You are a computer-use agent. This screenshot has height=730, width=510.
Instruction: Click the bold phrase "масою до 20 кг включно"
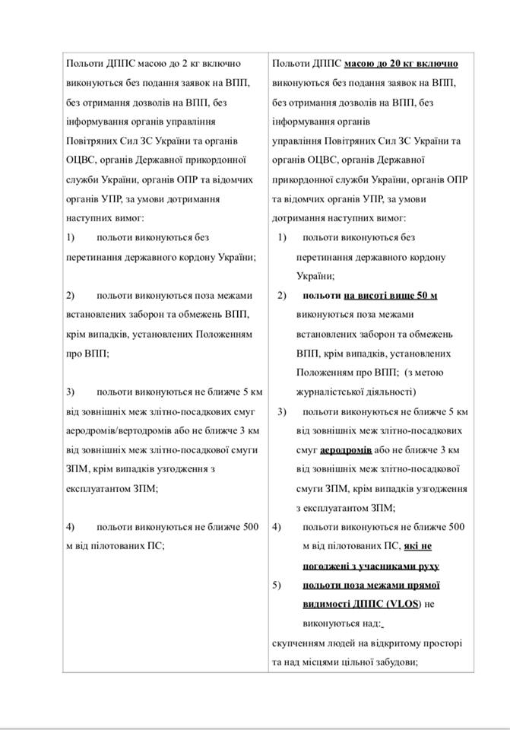tap(401, 62)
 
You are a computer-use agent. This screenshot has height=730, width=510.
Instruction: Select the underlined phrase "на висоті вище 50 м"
tap(391, 295)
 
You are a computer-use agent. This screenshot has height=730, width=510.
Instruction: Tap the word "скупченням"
tap(297, 643)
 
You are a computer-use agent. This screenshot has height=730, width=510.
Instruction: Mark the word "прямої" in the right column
tap(425, 586)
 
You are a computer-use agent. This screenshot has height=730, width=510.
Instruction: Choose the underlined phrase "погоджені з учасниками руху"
tap(371, 566)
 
